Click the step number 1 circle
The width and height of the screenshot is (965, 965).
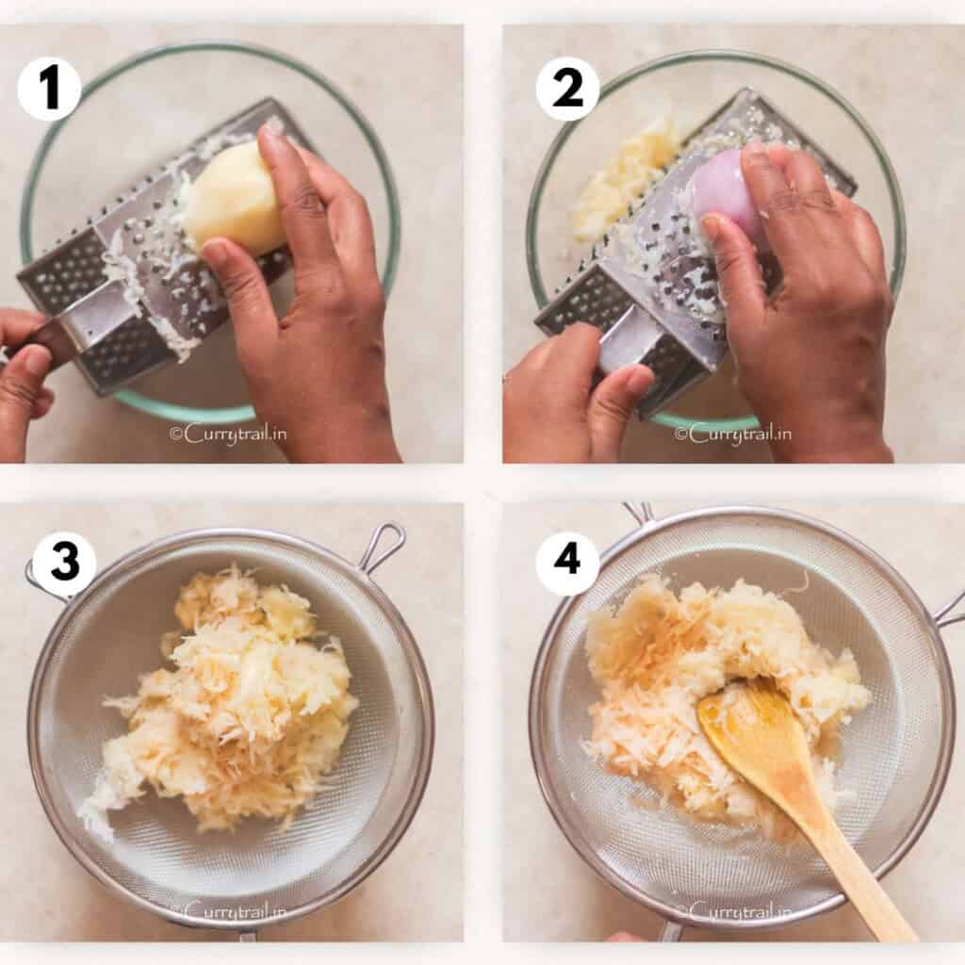[49, 89]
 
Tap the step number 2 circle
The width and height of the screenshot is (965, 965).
[567, 89]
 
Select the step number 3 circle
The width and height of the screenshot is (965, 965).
[64, 564]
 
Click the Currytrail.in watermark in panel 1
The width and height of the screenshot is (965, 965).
[228, 433]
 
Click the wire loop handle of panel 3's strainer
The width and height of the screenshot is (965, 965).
[383, 546]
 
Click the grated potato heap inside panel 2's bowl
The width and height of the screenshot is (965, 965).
[622, 179]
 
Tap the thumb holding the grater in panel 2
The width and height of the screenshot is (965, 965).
[617, 386]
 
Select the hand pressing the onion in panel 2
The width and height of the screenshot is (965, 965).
[810, 302]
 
